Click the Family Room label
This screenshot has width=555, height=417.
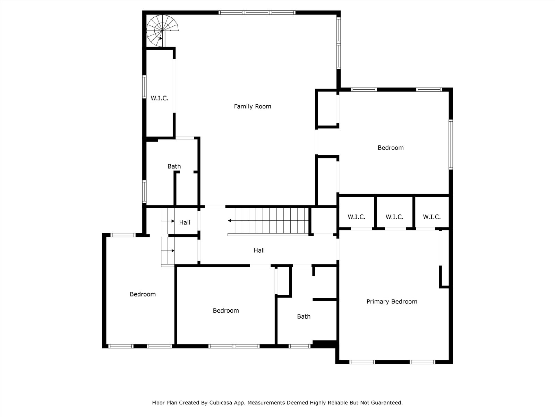click(x=252, y=106)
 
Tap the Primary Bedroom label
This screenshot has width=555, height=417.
click(x=392, y=302)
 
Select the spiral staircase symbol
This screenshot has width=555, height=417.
click(x=162, y=31)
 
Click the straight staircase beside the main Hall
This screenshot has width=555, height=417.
click(x=268, y=221)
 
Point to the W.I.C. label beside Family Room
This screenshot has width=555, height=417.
click(x=159, y=98)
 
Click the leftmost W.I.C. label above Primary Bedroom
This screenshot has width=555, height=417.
click(x=356, y=217)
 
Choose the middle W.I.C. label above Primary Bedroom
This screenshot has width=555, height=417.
click(x=394, y=217)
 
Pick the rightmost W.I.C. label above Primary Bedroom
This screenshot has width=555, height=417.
click(x=432, y=217)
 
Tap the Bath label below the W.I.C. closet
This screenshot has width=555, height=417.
click(x=174, y=166)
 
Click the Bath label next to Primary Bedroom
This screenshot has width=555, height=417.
click(x=304, y=317)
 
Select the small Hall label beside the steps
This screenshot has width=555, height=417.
click(x=185, y=222)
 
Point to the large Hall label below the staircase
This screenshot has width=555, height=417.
click(x=259, y=251)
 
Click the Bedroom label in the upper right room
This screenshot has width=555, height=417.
click(x=390, y=148)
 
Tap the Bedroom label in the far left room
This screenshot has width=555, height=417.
click(x=143, y=294)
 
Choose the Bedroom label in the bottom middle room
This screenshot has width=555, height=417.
click(x=226, y=311)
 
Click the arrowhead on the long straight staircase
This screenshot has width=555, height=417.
click(x=230, y=221)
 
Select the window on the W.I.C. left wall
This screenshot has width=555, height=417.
click(x=144, y=87)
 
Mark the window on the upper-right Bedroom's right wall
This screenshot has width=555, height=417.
click(x=451, y=144)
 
